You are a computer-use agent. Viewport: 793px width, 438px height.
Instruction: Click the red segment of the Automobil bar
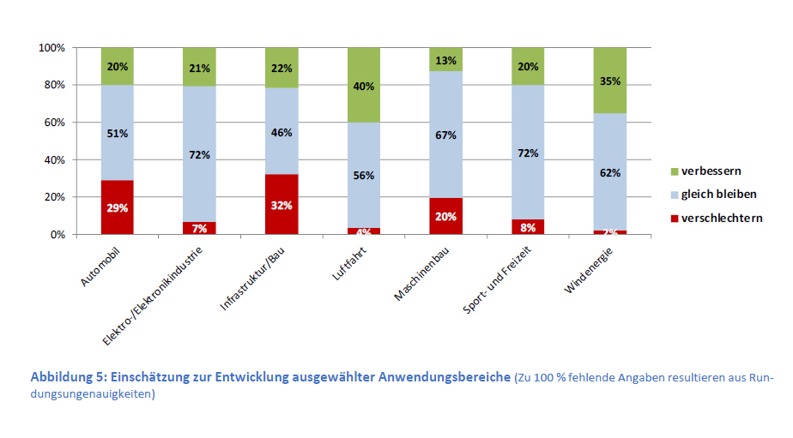[x=117, y=207]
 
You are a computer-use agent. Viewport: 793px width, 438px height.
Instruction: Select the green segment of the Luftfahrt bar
[x=364, y=85]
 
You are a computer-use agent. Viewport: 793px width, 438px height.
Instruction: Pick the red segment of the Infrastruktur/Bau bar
[x=281, y=204]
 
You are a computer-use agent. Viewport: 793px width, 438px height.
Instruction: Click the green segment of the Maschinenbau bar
[x=446, y=59]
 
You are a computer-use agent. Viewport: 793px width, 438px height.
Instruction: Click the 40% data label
[x=364, y=86]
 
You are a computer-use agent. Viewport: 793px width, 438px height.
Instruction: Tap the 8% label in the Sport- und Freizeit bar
[x=529, y=227]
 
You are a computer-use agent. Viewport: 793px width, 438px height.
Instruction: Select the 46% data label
[x=281, y=133]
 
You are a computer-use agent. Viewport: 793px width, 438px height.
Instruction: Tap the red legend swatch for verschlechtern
[x=673, y=218]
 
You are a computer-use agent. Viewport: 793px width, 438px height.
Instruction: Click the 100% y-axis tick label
[x=51, y=48]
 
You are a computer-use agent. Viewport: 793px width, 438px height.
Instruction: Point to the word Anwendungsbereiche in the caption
[x=445, y=378]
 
